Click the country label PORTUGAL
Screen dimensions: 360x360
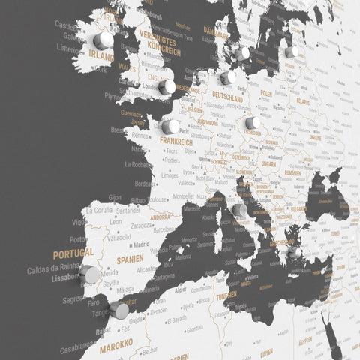click(73, 253)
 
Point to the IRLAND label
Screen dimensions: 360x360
click(101, 55)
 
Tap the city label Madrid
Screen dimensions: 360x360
click(140, 244)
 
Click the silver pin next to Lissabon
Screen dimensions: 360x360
click(90, 274)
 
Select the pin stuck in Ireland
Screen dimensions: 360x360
click(103, 39)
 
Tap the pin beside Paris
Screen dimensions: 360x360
click(171, 127)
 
